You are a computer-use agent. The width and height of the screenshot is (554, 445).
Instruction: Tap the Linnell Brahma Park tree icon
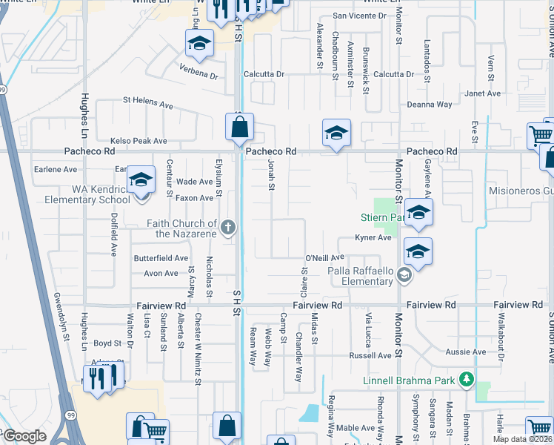tap(466, 381)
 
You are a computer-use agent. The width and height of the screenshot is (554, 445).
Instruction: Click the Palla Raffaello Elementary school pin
tap(404, 276)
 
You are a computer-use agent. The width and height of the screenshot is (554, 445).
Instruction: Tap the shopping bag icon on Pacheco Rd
tap(240, 128)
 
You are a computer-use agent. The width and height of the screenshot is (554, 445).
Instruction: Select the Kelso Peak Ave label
tap(138, 140)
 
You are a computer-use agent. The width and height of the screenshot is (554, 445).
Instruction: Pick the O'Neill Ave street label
tap(325, 257)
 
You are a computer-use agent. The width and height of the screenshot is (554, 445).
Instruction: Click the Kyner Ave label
tap(373, 237)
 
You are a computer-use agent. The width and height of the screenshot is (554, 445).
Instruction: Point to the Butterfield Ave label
tap(161, 258)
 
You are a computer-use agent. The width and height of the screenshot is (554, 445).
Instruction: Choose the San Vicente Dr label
tap(359, 15)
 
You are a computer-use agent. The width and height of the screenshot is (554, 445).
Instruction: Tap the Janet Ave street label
tap(482, 93)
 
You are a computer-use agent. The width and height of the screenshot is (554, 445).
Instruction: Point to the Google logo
tap(24, 436)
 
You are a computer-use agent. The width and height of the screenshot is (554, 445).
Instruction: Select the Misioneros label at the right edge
tap(521, 191)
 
